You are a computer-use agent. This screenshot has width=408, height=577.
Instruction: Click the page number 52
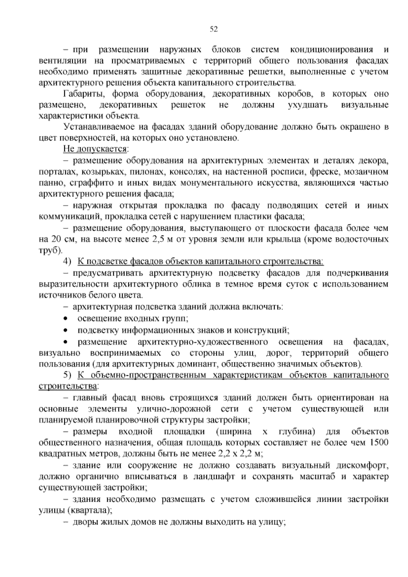(214, 29)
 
